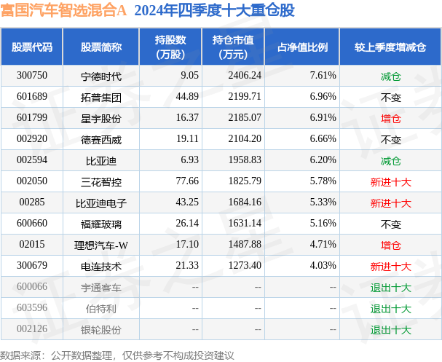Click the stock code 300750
(x=32, y=75)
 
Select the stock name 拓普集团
(x=101, y=98)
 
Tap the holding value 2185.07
(x=245, y=117)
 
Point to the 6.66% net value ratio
(x=323, y=138)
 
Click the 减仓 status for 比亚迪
(x=390, y=161)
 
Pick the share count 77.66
(x=187, y=181)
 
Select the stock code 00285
(x=32, y=202)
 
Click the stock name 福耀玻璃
(x=101, y=224)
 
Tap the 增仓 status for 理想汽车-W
(x=390, y=245)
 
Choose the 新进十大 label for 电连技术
(x=390, y=267)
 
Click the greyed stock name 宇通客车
(x=101, y=288)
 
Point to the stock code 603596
(x=32, y=307)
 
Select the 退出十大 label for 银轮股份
(x=390, y=330)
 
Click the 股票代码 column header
(x=32, y=47)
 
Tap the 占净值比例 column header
(x=302, y=47)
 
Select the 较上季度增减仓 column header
(x=390, y=47)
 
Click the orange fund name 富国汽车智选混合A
(x=63, y=10)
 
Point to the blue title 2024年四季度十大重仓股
(x=215, y=10)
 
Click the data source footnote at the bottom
(x=117, y=355)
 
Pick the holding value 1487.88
(x=245, y=245)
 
